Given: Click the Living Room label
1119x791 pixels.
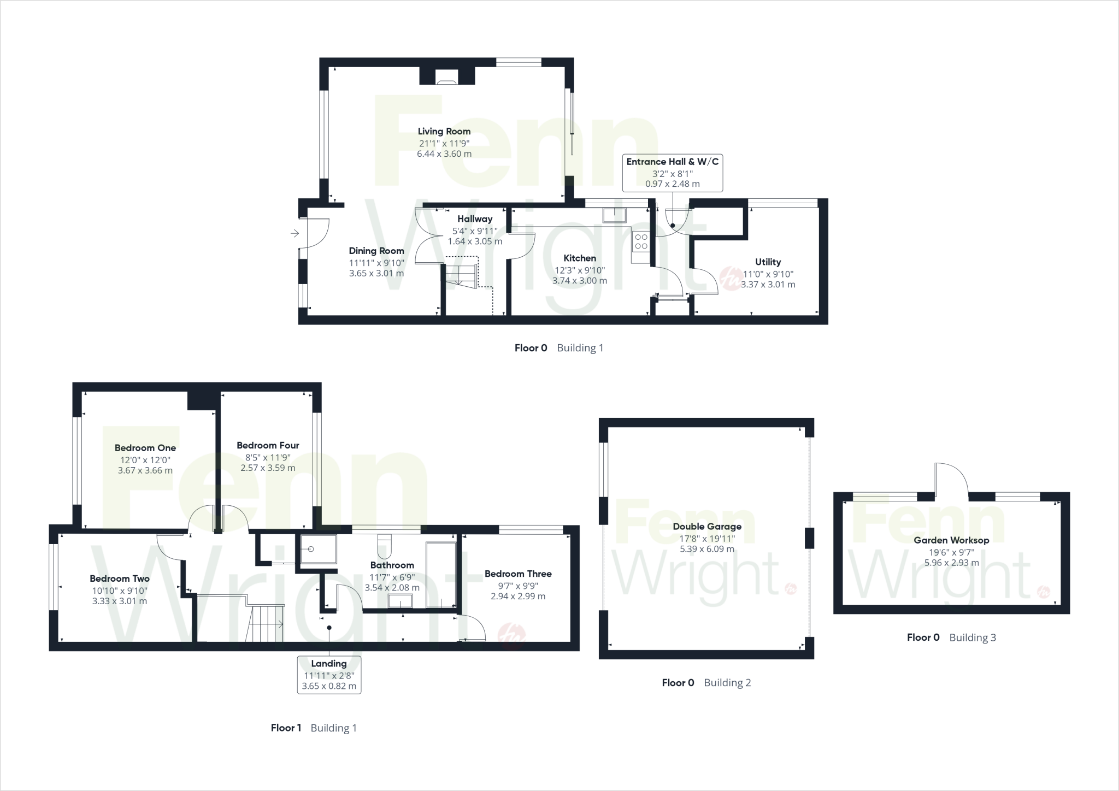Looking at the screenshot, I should [x=444, y=131].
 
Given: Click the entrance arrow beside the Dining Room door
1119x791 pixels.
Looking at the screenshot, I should [x=295, y=234].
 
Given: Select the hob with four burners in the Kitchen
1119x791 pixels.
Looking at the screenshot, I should [x=641, y=241].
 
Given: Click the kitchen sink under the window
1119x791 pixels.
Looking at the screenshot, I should [x=615, y=215].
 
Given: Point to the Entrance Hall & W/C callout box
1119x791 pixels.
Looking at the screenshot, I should [x=672, y=173].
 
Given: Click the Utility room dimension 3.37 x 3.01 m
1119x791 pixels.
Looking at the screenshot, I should [x=768, y=285].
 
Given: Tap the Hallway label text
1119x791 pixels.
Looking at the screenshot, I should [x=475, y=219].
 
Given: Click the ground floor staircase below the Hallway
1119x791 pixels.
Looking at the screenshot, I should [x=462, y=273].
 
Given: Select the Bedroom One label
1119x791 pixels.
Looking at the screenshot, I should [x=145, y=448].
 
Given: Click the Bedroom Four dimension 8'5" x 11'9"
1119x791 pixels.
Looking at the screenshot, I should [x=268, y=457].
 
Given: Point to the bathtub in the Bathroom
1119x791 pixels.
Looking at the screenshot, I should [x=441, y=575].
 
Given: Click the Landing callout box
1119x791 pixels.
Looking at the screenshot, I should [x=329, y=675].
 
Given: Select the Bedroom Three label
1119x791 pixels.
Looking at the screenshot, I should [x=518, y=574].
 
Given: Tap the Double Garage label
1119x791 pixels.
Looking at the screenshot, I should [x=707, y=527].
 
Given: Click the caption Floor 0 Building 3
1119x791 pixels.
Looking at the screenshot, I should [x=951, y=637].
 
